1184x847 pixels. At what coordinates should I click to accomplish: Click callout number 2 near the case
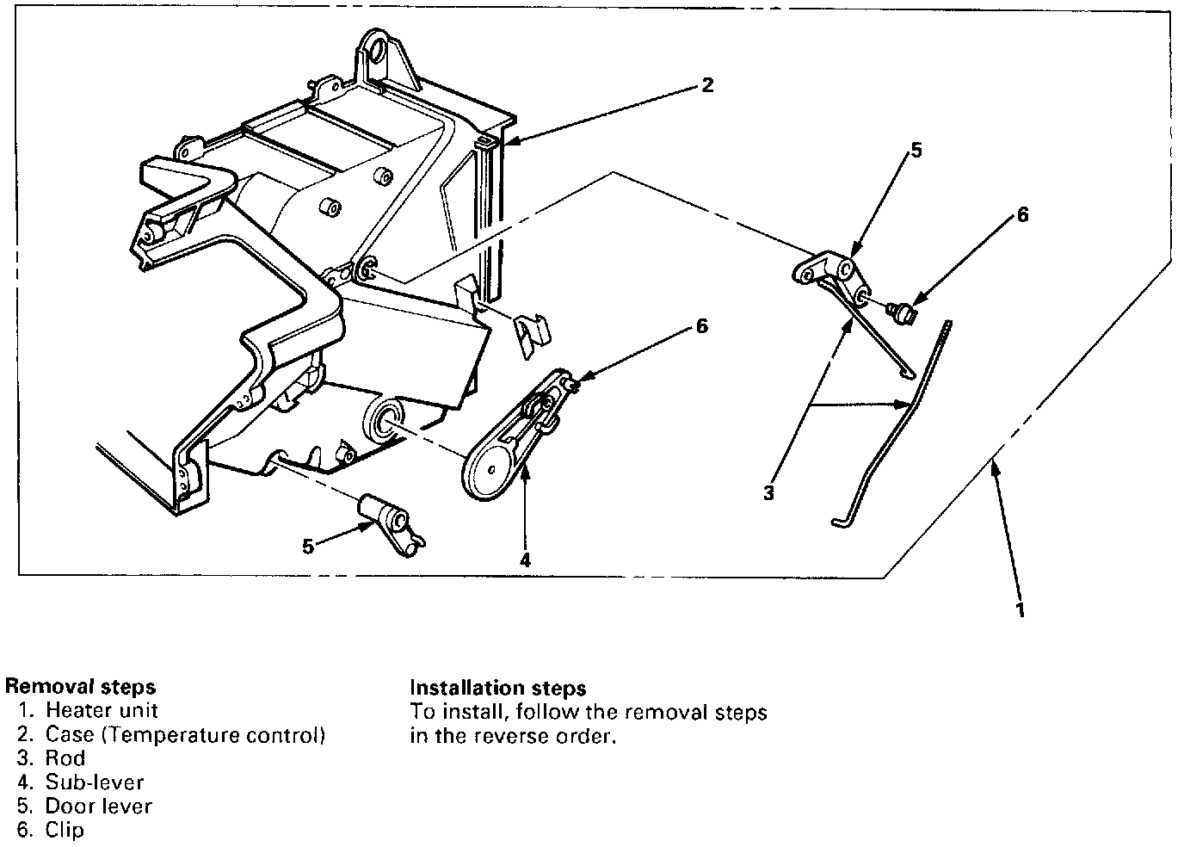pos(706,85)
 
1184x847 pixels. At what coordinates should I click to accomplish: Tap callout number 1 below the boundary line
pos(1021,610)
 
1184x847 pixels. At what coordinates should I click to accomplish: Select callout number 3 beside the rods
pos(768,493)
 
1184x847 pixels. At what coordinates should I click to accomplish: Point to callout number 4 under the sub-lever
pos(525,560)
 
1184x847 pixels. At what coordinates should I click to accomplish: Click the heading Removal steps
pos(81,686)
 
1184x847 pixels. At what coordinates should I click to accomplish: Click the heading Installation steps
pos(497,688)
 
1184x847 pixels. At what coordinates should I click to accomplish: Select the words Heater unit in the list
pos(102,710)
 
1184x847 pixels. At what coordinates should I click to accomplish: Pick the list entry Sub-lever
pos(95,782)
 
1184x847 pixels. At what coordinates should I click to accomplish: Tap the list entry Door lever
pos(98,807)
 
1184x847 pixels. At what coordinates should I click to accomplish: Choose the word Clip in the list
pos(65,831)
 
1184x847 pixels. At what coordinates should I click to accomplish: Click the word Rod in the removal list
pos(65,758)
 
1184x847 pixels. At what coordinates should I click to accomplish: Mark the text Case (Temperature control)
pos(185,734)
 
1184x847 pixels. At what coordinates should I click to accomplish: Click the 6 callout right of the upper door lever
pos(1022,215)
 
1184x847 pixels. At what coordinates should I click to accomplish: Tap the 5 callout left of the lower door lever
pos(308,545)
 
